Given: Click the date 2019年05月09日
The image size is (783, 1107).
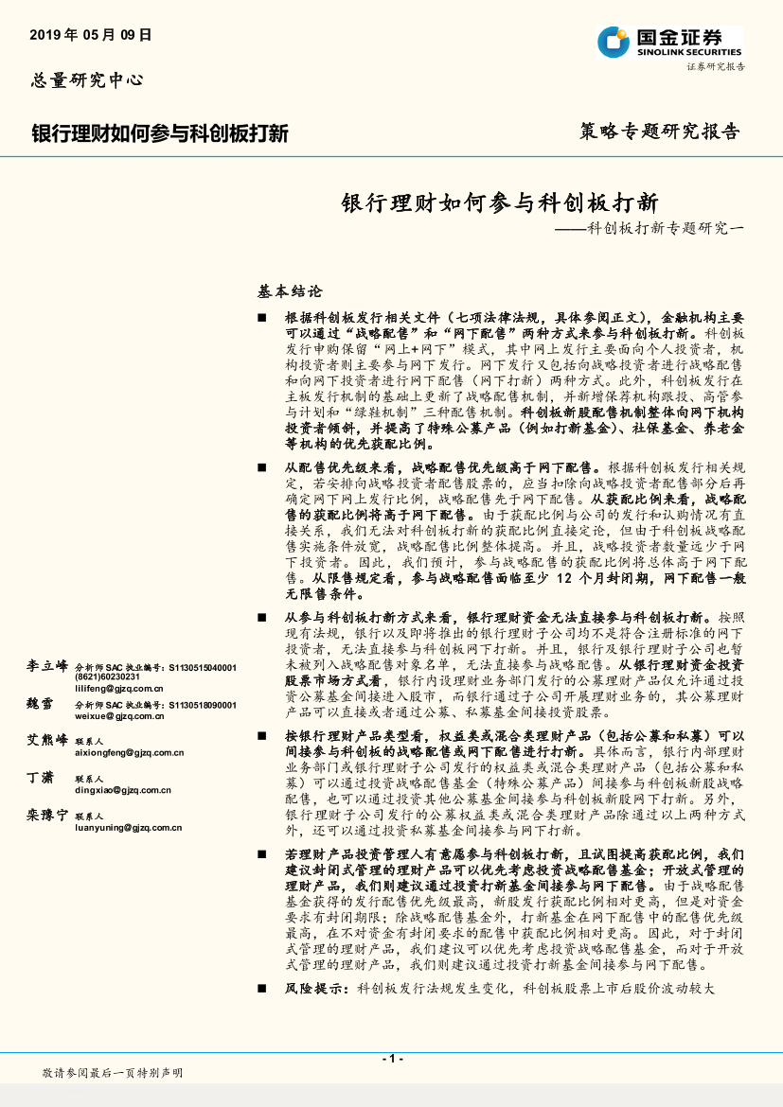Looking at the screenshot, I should tap(91, 35).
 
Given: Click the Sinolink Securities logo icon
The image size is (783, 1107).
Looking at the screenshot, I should tap(614, 41).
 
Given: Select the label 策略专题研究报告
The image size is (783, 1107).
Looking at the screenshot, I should tap(659, 132).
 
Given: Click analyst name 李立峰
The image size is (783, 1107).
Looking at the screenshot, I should tap(48, 667).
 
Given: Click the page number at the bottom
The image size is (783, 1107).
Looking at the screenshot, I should tap(391, 1058).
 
